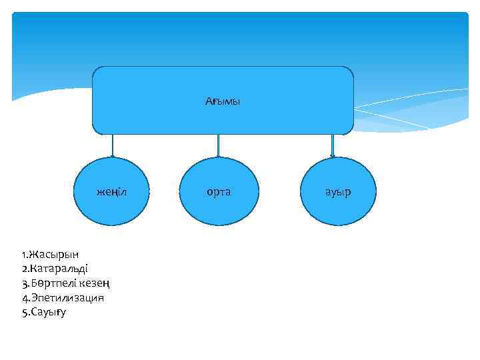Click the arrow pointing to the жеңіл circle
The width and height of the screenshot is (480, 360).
click(112, 145)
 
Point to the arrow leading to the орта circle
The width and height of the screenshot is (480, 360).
click(219, 145)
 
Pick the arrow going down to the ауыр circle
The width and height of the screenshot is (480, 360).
click(332, 145)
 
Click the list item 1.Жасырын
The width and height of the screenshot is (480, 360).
click(50, 254)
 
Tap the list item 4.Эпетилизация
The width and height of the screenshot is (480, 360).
click(63, 297)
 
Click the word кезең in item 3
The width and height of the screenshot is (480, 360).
click(95, 283)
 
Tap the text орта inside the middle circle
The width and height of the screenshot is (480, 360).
click(219, 192)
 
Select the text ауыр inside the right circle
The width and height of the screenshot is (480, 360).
click(338, 193)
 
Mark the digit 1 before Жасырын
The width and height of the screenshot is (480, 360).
click(23, 254)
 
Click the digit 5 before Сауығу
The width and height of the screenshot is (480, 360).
click(24, 311)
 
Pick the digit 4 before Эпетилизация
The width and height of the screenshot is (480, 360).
click(24, 297)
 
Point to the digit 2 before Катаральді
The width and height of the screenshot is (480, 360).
click(24, 269)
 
